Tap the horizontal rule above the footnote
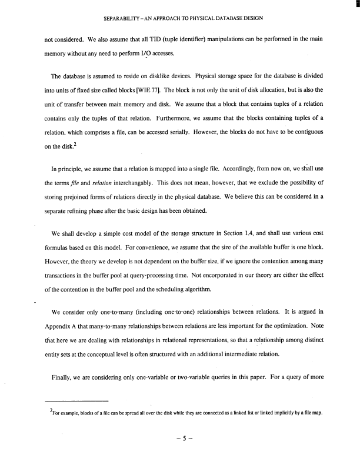[x=76, y=400]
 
